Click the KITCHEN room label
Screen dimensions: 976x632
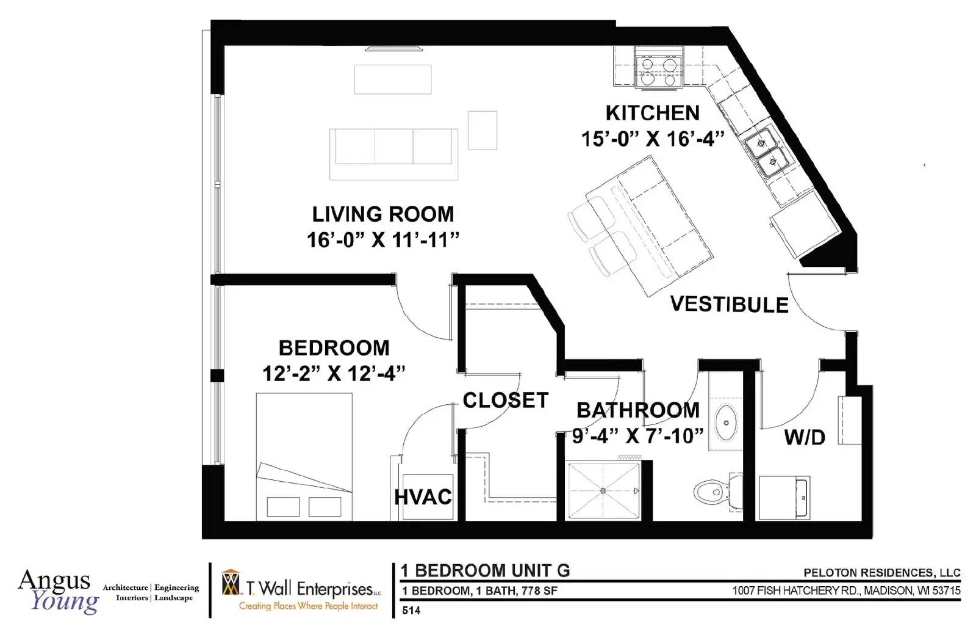(x=652, y=113)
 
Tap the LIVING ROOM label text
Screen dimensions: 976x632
(x=383, y=214)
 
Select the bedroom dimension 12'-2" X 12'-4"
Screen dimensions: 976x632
(x=334, y=373)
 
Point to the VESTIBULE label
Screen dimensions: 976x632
(x=729, y=305)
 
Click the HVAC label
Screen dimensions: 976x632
(x=423, y=497)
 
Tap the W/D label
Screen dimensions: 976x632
(x=805, y=437)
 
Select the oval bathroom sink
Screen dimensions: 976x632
(x=726, y=423)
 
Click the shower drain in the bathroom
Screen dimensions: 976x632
(x=603, y=491)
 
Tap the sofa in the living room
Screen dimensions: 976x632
(x=393, y=154)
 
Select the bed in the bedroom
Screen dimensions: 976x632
(x=304, y=457)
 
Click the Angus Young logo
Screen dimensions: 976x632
(x=59, y=591)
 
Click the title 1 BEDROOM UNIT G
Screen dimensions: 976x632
(x=485, y=570)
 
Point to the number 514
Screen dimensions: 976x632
(x=411, y=611)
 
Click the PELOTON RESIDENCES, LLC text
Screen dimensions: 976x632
(x=882, y=573)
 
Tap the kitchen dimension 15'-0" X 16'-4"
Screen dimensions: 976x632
(x=652, y=139)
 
